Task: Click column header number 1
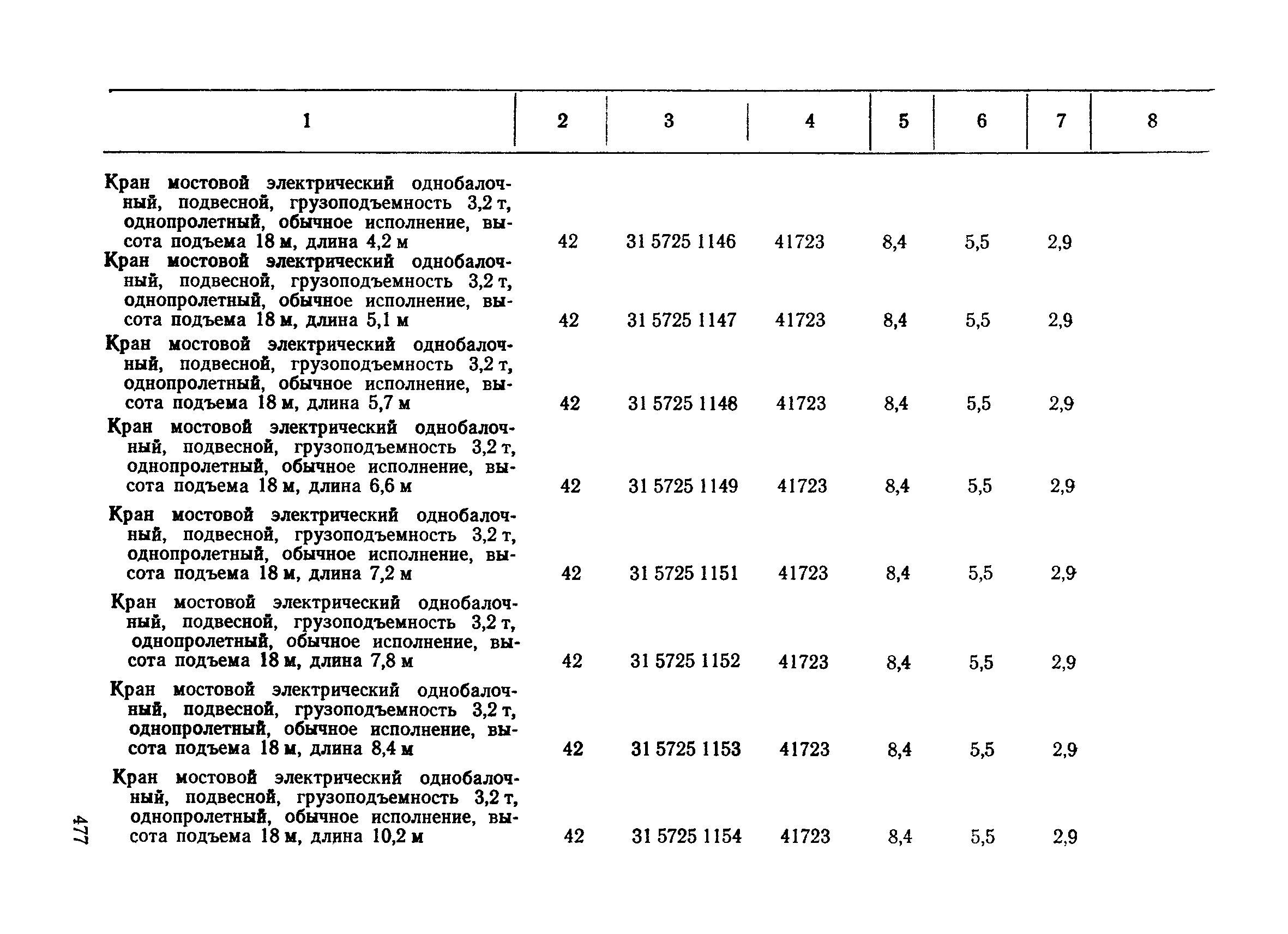306,121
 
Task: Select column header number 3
669,121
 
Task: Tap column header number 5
904,121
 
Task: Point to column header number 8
1152,121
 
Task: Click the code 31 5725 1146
681,242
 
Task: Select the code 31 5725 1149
683,486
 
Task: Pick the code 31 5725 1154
687,836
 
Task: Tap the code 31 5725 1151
684,573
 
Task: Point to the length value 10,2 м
398,836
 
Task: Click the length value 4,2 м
387,242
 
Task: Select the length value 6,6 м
390,486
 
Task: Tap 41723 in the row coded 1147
800,320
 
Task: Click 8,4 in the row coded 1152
899,662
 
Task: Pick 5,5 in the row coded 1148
978,404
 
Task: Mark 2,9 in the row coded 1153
1065,750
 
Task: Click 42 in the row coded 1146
568,242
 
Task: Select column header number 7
1060,121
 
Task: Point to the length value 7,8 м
392,661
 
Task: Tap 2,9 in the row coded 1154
1065,837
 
